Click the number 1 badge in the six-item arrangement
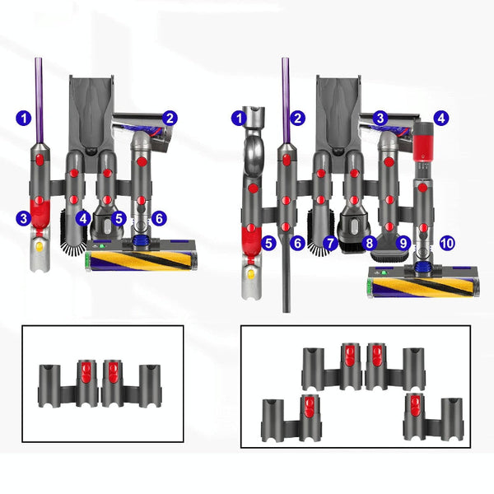coord(24,119)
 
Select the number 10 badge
coord(445,243)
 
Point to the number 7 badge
coord(330,243)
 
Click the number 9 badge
coord(403,243)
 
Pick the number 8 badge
coord(369,243)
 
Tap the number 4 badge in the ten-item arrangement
coord(441,119)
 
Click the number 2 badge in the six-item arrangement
coord(170,119)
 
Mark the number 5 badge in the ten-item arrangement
coord(268,243)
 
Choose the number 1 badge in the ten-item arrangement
coord(240,119)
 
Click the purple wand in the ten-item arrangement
coord(286,99)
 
